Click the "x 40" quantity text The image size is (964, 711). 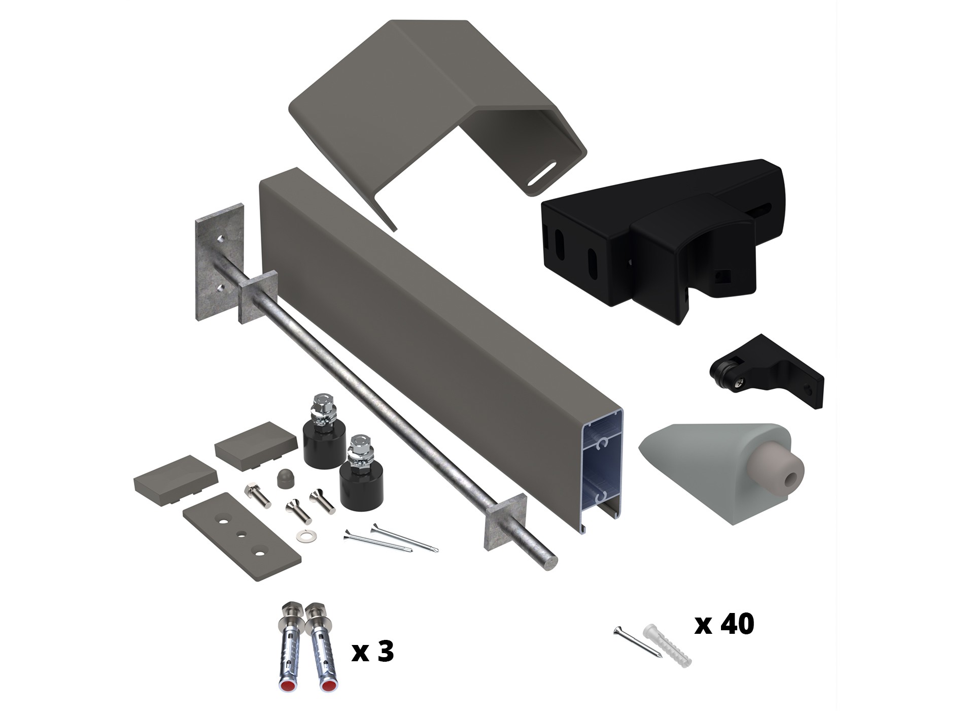click(724, 624)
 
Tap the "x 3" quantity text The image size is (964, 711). click(373, 651)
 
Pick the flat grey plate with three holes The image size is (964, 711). click(242, 537)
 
